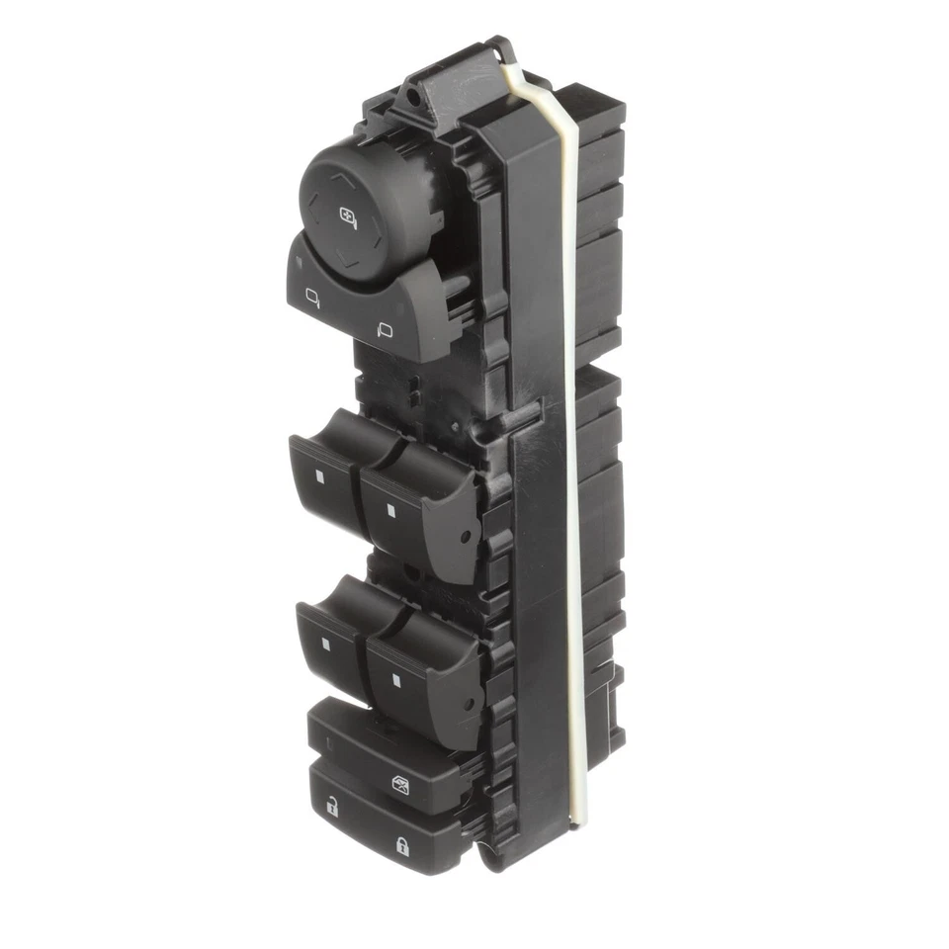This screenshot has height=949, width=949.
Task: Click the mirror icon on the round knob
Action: tap(349, 216)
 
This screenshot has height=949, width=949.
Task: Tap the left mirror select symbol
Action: tap(312, 294)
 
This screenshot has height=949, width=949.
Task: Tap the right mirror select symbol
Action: tap(385, 330)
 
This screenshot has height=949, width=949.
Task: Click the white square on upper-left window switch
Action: tap(321, 476)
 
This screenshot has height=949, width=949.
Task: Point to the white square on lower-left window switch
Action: tap(325, 644)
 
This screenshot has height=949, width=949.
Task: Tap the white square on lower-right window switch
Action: tap(395, 678)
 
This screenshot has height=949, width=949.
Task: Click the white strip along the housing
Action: tap(570, 445)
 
